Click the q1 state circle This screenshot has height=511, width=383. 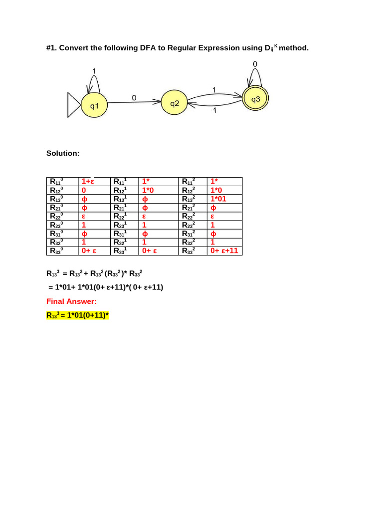[94, 106]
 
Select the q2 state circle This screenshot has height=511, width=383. [174, 104]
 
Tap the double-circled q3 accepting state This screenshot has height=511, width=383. [255, 99]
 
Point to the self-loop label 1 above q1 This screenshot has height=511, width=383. [94, 70]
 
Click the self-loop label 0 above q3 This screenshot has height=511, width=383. [255, 64]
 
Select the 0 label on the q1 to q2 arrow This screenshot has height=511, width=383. [134, 98]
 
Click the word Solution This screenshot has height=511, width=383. [63, 153]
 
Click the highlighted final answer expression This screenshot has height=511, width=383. [77, 315]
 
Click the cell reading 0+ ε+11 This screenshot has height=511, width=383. [224, 251]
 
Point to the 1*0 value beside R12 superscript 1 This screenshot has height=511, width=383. [151, 190]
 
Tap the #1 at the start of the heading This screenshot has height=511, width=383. [51, 48]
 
